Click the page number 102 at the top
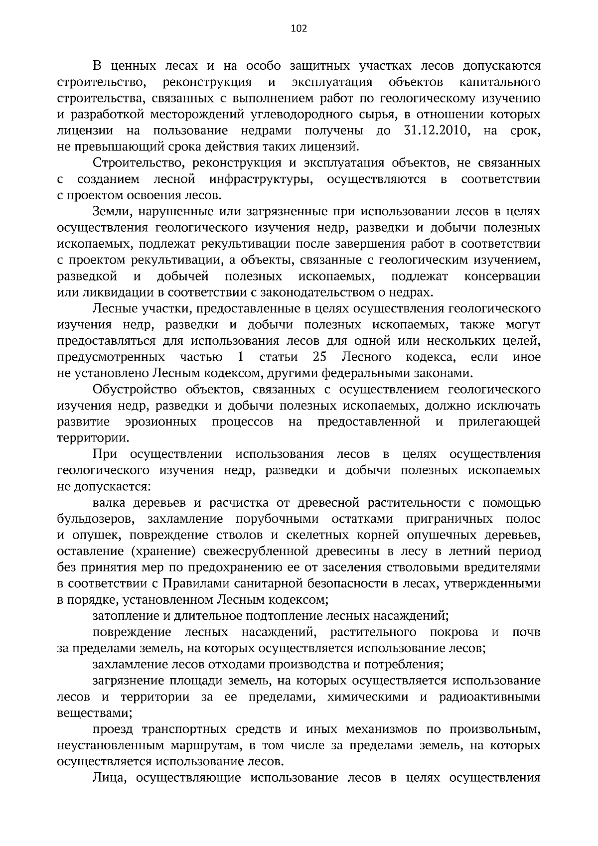[299, 28]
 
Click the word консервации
[502, 276]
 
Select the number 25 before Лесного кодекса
[319, 357]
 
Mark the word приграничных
[450, 519]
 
